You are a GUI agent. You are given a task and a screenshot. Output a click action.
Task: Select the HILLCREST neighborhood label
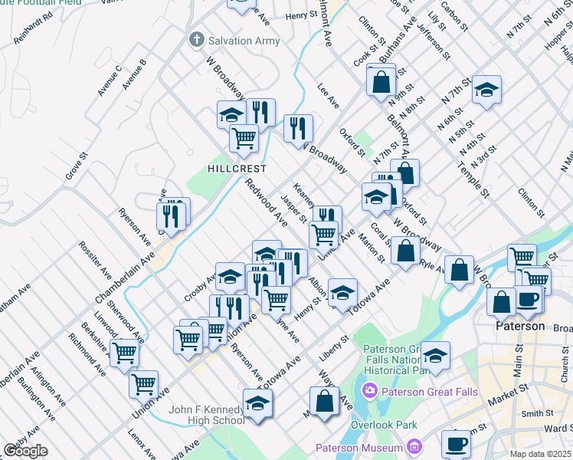pyautogui.click(x=237, y=169)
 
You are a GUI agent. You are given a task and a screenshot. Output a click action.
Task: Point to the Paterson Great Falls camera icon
pyautogui.click(x=371, y=392)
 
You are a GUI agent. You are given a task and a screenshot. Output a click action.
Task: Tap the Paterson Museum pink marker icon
pyautogui.click(x=414, y=446)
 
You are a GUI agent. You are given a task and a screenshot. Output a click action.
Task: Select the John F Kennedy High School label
pyautogui.click(x=208, y=415)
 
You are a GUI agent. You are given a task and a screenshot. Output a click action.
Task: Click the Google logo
pyautogui.click(x=25, y=451)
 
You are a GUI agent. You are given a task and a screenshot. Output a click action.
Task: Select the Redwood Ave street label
pyautogui.click(x=266, y=203)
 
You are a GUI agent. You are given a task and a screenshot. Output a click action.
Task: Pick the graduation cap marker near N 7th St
pyautogui.click(x=486, y=90)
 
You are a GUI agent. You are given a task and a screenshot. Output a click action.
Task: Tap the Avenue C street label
pyautogui.click(x=109, y=80)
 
